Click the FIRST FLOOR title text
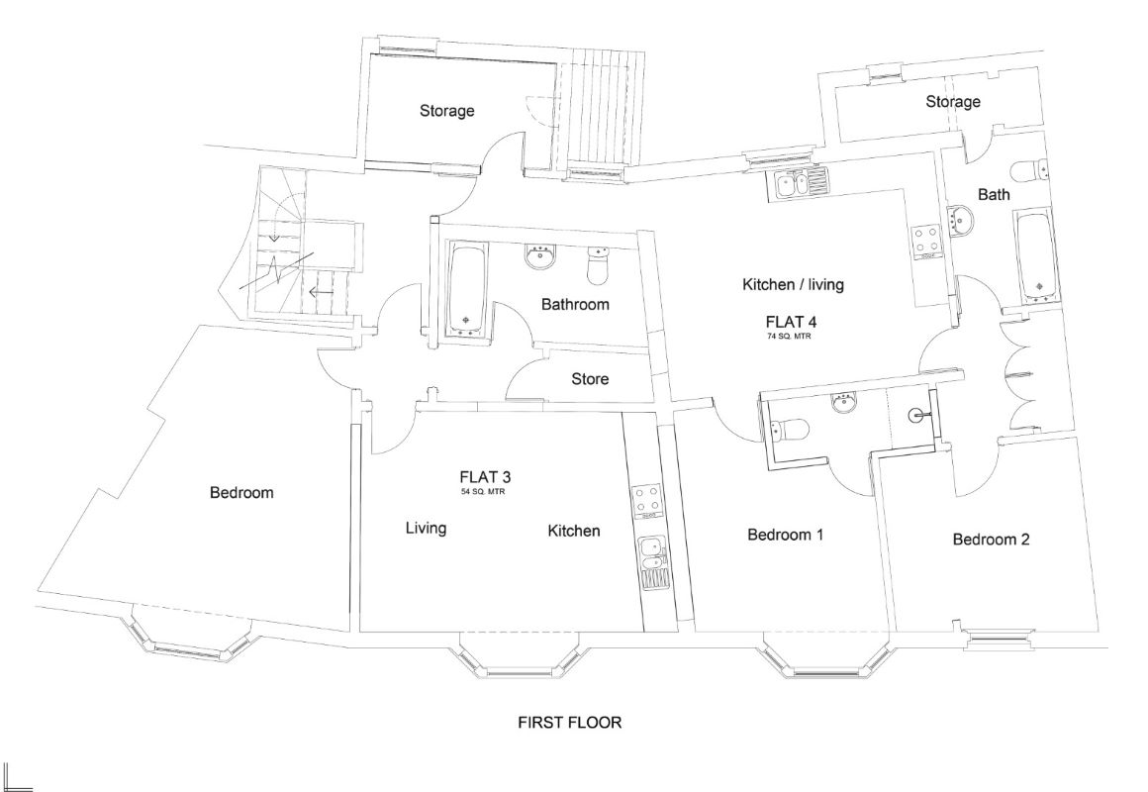(570, 723)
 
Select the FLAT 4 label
(791, 322)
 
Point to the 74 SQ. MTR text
(791, 337)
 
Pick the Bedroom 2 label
(991, 540)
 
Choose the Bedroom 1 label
(786, 535)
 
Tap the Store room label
(590, 379)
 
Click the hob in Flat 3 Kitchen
(649, 501)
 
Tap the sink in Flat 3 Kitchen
(652, 559)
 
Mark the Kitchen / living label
(793, 285)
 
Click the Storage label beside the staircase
(446, 111)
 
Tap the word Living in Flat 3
(426, 529)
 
